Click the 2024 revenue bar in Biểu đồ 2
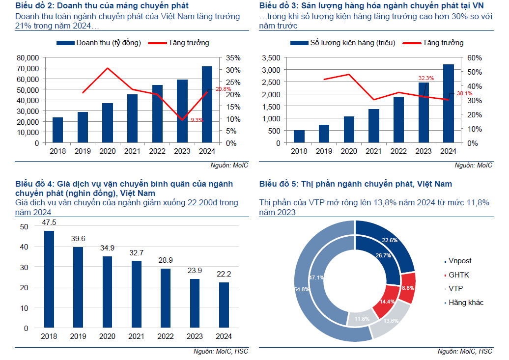(x=207, y=104)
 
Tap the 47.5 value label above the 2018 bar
(x=49, y=222)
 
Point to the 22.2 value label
(x=224, y=274)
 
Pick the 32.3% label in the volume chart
(x=426, y=78)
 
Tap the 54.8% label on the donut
(x=301, y=289)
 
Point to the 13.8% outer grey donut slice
(x=391, y=320)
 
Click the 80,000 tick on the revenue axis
(x=28, y=57)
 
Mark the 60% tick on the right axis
(x=475, y=57)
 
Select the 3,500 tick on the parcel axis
(x=271, y=57)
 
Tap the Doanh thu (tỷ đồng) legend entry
(x=99, y=43)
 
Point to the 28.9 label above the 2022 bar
(x=166, y=260)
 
